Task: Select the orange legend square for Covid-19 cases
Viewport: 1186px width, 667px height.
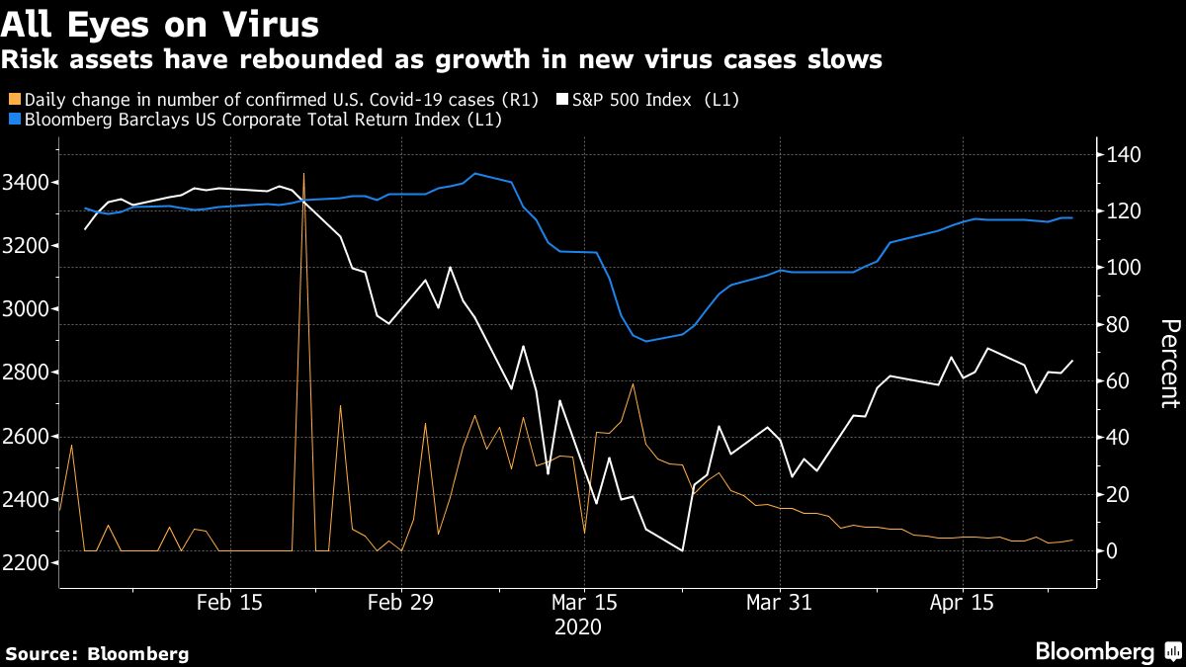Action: tap(12, 100)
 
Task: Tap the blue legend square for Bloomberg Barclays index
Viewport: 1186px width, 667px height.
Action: tap(12, 121)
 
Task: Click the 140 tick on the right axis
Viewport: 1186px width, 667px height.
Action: tap(1124, 155)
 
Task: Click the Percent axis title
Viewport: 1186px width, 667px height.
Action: tap(1169, 364)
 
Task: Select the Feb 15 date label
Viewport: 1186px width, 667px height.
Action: tap(229, 602)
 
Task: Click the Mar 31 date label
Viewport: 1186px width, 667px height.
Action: tap(780, 602)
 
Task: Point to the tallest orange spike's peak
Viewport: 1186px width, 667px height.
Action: tap(303, 174)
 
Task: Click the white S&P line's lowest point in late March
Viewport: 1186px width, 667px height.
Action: tap(683, 550)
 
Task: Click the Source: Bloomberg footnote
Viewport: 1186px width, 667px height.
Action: tap(97, 653)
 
